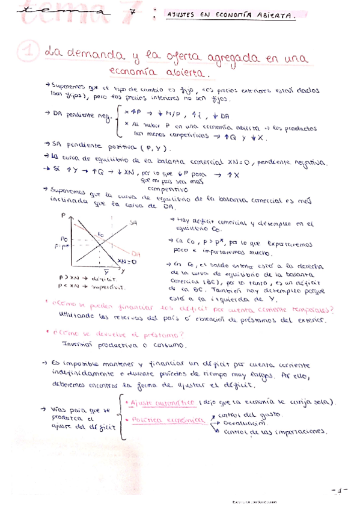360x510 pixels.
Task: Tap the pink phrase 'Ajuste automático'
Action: tap(157, 401)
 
